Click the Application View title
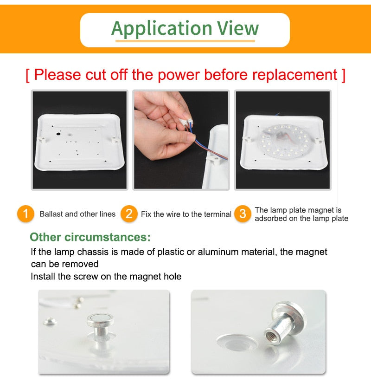pos(185,28)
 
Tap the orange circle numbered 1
pos(26,214)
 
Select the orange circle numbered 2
pos(129,214)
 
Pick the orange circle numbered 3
pos(243,214)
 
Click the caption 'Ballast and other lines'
pos(77,214)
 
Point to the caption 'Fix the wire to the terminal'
pos(186,214)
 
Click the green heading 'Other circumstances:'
pos(90,237)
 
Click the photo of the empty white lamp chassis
pos(79,140)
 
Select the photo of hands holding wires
pos(181,140)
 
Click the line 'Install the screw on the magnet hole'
pos(106,276)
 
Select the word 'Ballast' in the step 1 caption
pos(51,214)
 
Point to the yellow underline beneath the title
pos(185,41)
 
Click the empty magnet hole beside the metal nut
pos(237,342)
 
